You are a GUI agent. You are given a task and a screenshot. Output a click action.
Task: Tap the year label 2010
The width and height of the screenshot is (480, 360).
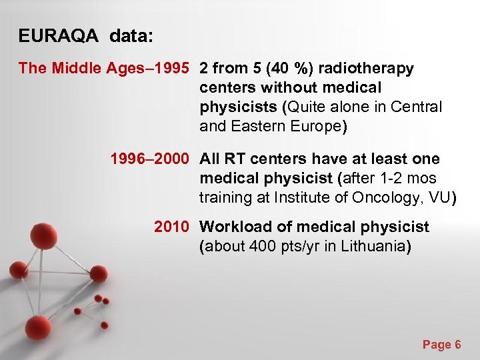pyautogui.click(x=172, y=227)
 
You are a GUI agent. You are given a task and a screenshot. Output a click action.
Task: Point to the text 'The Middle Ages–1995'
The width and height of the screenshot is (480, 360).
pyautogui.click(x=104, y=69)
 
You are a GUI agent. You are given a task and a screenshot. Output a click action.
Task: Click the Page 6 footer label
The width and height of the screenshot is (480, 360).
pyautogui.click(x=441, y=345)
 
